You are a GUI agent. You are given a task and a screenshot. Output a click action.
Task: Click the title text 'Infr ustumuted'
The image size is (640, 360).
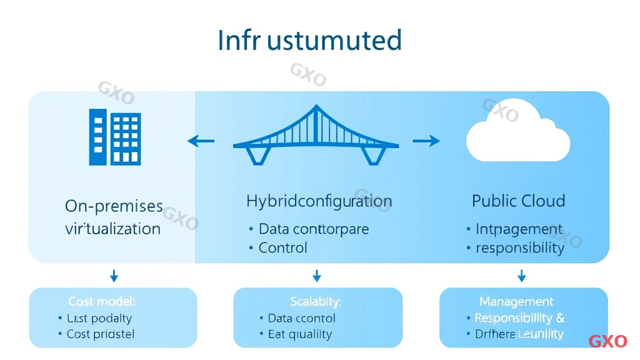(x=309, y=41)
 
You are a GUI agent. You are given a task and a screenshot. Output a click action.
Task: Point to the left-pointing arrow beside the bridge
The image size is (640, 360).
(x=201, y=141)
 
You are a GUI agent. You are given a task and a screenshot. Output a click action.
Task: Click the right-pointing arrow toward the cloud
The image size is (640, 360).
(x=426, y=141)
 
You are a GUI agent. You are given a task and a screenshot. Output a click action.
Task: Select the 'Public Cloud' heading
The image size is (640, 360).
(x=518, y=201)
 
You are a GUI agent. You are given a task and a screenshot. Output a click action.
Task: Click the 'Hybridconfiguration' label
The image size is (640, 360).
(x=319, y=201)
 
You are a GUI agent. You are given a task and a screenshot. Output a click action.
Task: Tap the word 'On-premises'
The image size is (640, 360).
(x=114, y=206)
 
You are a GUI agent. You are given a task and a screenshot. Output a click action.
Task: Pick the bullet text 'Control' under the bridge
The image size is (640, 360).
(x=283, y=247)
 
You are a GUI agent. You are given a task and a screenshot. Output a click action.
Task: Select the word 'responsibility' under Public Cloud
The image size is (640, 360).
(x=520, y=248)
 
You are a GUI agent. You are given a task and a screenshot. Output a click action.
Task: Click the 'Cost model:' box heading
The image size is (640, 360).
(x=102, y=301)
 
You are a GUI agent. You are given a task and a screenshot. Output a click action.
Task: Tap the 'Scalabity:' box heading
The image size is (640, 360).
(x=316, y=301)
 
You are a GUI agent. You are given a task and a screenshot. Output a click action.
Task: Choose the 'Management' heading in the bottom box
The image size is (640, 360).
(x=516, y=301)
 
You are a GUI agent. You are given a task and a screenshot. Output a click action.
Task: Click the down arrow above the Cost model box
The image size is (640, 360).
(x=114, y=276)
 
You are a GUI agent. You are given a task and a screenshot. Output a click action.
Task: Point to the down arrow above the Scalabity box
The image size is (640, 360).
(x=317, y=276)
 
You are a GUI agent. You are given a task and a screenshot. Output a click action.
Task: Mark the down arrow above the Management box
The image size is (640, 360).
(x=521, y=276)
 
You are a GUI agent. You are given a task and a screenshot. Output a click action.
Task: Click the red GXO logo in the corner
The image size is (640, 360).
(x=607, y=341)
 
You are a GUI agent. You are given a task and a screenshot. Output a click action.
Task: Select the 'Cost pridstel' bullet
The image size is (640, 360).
(x=101, y=334)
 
